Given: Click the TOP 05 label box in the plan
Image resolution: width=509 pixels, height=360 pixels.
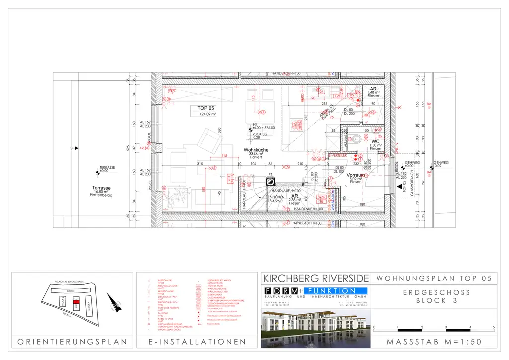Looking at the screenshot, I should click(x=206, y=111).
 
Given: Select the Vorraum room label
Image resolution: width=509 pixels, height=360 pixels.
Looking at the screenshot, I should click(x=356, y=176).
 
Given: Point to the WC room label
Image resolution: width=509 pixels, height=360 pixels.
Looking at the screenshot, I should click(x=375, y=141).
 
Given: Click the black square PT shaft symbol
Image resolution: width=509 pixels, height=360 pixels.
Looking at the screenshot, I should click(x=271, y=181).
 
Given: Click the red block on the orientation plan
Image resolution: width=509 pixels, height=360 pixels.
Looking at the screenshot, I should click(x=76, y=302).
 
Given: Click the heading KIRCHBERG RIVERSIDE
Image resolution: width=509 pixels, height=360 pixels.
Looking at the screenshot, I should click(x=316, y=278).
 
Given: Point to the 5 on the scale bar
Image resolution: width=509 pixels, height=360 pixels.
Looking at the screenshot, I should click(x=493, y=327).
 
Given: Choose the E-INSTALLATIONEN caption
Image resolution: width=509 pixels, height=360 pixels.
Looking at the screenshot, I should click(x=197, y=342).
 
